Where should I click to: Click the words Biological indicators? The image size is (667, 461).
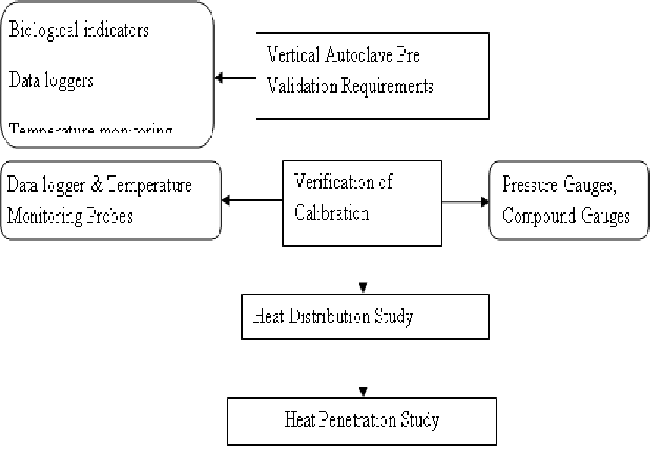tap(79, 31)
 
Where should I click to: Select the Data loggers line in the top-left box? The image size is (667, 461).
tap(52, 80)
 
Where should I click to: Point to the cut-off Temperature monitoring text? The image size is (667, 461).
tap(90, 129)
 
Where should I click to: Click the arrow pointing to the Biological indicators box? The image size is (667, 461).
tap(235, 77)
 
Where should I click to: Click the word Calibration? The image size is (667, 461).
tap(331, 213)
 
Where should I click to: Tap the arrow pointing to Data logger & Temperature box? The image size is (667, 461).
tap(252, 201)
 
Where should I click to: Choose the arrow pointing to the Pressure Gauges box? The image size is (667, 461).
tap(464, 201)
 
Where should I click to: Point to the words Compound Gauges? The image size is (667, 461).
tap(566, 216)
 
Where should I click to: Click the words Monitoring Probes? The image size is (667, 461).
tap(72, 216)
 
